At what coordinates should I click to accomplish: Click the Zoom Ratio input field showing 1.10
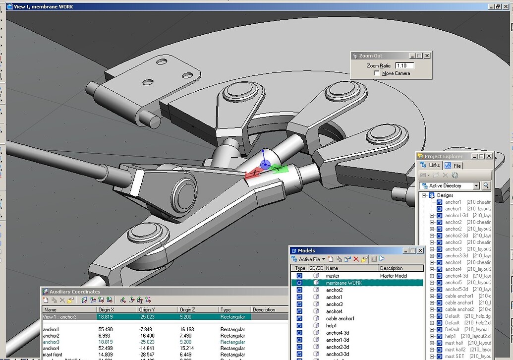tap(404, 65)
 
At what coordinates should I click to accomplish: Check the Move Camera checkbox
tap(378, 73)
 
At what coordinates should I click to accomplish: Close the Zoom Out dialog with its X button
tap(427, 56)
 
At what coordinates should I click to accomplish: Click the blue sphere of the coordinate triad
tap(266, 164)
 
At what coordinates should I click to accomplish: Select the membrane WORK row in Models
tap(344, 283)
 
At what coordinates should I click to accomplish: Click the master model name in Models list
tap(333, 276)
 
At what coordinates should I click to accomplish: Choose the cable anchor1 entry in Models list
tap(340, 318)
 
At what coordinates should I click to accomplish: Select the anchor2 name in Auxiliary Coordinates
tap(51, 336)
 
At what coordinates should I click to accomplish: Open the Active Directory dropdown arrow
tap(476, 186)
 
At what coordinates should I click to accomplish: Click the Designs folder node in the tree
tap(445, 195)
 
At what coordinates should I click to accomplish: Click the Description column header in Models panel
tap(391, 268)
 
